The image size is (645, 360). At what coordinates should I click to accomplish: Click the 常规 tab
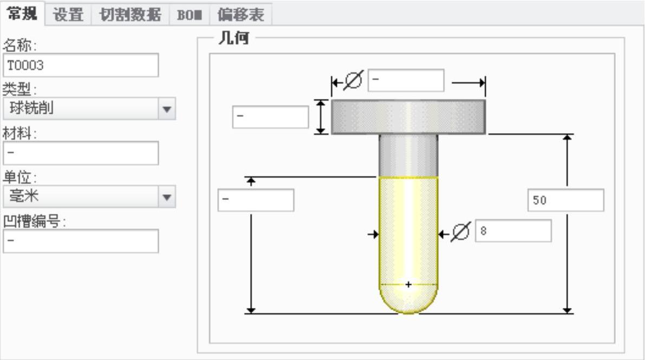click(x=22, y=14)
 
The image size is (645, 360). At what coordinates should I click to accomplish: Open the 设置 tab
click(x=68, y=15)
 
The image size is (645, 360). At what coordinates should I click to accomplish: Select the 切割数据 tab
click(x=127, y=15)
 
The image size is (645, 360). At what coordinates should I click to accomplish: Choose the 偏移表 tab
click(x=240, y=15)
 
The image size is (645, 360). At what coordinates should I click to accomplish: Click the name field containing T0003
click(x=81, y=66)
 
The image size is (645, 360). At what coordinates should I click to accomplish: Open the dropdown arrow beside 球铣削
click(x=167, y=109)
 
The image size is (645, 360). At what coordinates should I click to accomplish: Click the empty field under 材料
click(x=81, y=153)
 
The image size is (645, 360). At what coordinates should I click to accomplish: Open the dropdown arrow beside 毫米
click(x=167, y=197)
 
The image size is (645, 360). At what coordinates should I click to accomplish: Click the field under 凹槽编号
click(x=81, y=241)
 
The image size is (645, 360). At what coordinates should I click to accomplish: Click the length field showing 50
click(x=565, y=200)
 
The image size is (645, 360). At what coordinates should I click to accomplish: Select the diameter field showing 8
click(x=513, y=231)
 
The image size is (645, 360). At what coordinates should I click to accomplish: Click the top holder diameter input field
click(x=406, y=81)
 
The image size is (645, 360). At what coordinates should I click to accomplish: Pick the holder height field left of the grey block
click(x=270, y=117)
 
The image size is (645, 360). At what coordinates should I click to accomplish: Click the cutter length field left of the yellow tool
click(x=256, y=200)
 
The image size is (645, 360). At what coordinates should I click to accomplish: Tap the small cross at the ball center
click(x=408, y=284)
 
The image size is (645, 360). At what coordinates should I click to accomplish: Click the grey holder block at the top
click(x=408, y=116)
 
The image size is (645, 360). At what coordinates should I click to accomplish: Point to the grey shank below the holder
click(x=408, y=155)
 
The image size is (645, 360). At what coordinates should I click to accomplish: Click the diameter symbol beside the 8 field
click(x=460, y=233)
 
